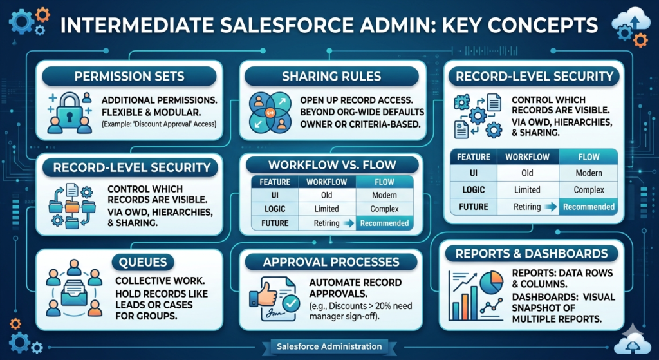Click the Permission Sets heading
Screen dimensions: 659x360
tap(129, 76)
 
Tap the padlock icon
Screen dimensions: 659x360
tap(70, 109)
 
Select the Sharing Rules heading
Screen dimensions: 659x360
tap(331, 76)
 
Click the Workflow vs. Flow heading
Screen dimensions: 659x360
tap(332, 164)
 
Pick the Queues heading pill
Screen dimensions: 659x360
tap(143, 262)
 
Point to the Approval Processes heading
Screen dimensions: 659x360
tap(331, 262)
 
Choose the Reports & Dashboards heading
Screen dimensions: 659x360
tap(532, 254)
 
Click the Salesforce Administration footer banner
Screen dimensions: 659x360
tap(329, 346)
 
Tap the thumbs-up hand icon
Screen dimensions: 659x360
tap(265, 294)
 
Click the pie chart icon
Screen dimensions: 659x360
tap(491, 283)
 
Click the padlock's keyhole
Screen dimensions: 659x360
tap(70, 115)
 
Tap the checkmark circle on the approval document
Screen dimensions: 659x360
tap(290, 303)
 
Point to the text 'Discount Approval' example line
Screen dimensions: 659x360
tap(159, 124)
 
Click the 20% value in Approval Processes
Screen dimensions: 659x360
tap(382, 306)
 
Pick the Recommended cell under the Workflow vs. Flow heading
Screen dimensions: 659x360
tap(385, 223)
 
